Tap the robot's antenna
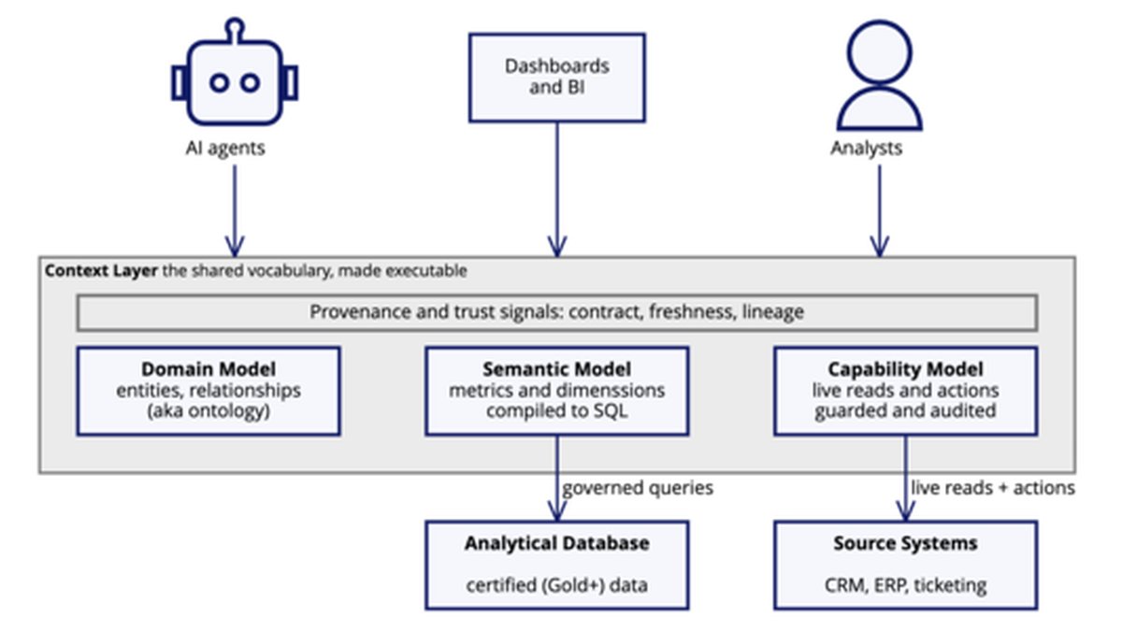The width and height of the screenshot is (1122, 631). coord(235,29)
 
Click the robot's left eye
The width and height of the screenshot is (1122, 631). coord(219,82)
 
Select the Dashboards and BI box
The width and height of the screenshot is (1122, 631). coord(557,78)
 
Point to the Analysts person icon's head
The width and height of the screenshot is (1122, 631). coord(880,52)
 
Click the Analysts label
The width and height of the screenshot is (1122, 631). coord(866,149)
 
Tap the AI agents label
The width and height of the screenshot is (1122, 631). coord(225,149)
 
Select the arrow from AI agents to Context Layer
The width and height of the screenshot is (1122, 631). coord(235,211)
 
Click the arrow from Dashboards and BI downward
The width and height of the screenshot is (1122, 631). coord(557,189)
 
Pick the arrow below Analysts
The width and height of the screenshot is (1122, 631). coord(880,211)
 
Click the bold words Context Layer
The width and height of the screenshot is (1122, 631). coord(101,271)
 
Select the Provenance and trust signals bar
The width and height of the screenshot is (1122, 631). coord(557,312)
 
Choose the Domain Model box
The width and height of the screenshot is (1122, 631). coord(209,391)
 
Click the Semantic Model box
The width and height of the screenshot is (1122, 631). coord(557,391)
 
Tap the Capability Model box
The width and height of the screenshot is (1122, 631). coord(905,391)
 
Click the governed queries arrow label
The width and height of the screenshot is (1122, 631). coord(638,488)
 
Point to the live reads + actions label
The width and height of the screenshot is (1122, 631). coord(993,488)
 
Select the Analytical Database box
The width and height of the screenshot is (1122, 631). coord(557,566)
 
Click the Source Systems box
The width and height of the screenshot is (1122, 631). coord(905,566)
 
